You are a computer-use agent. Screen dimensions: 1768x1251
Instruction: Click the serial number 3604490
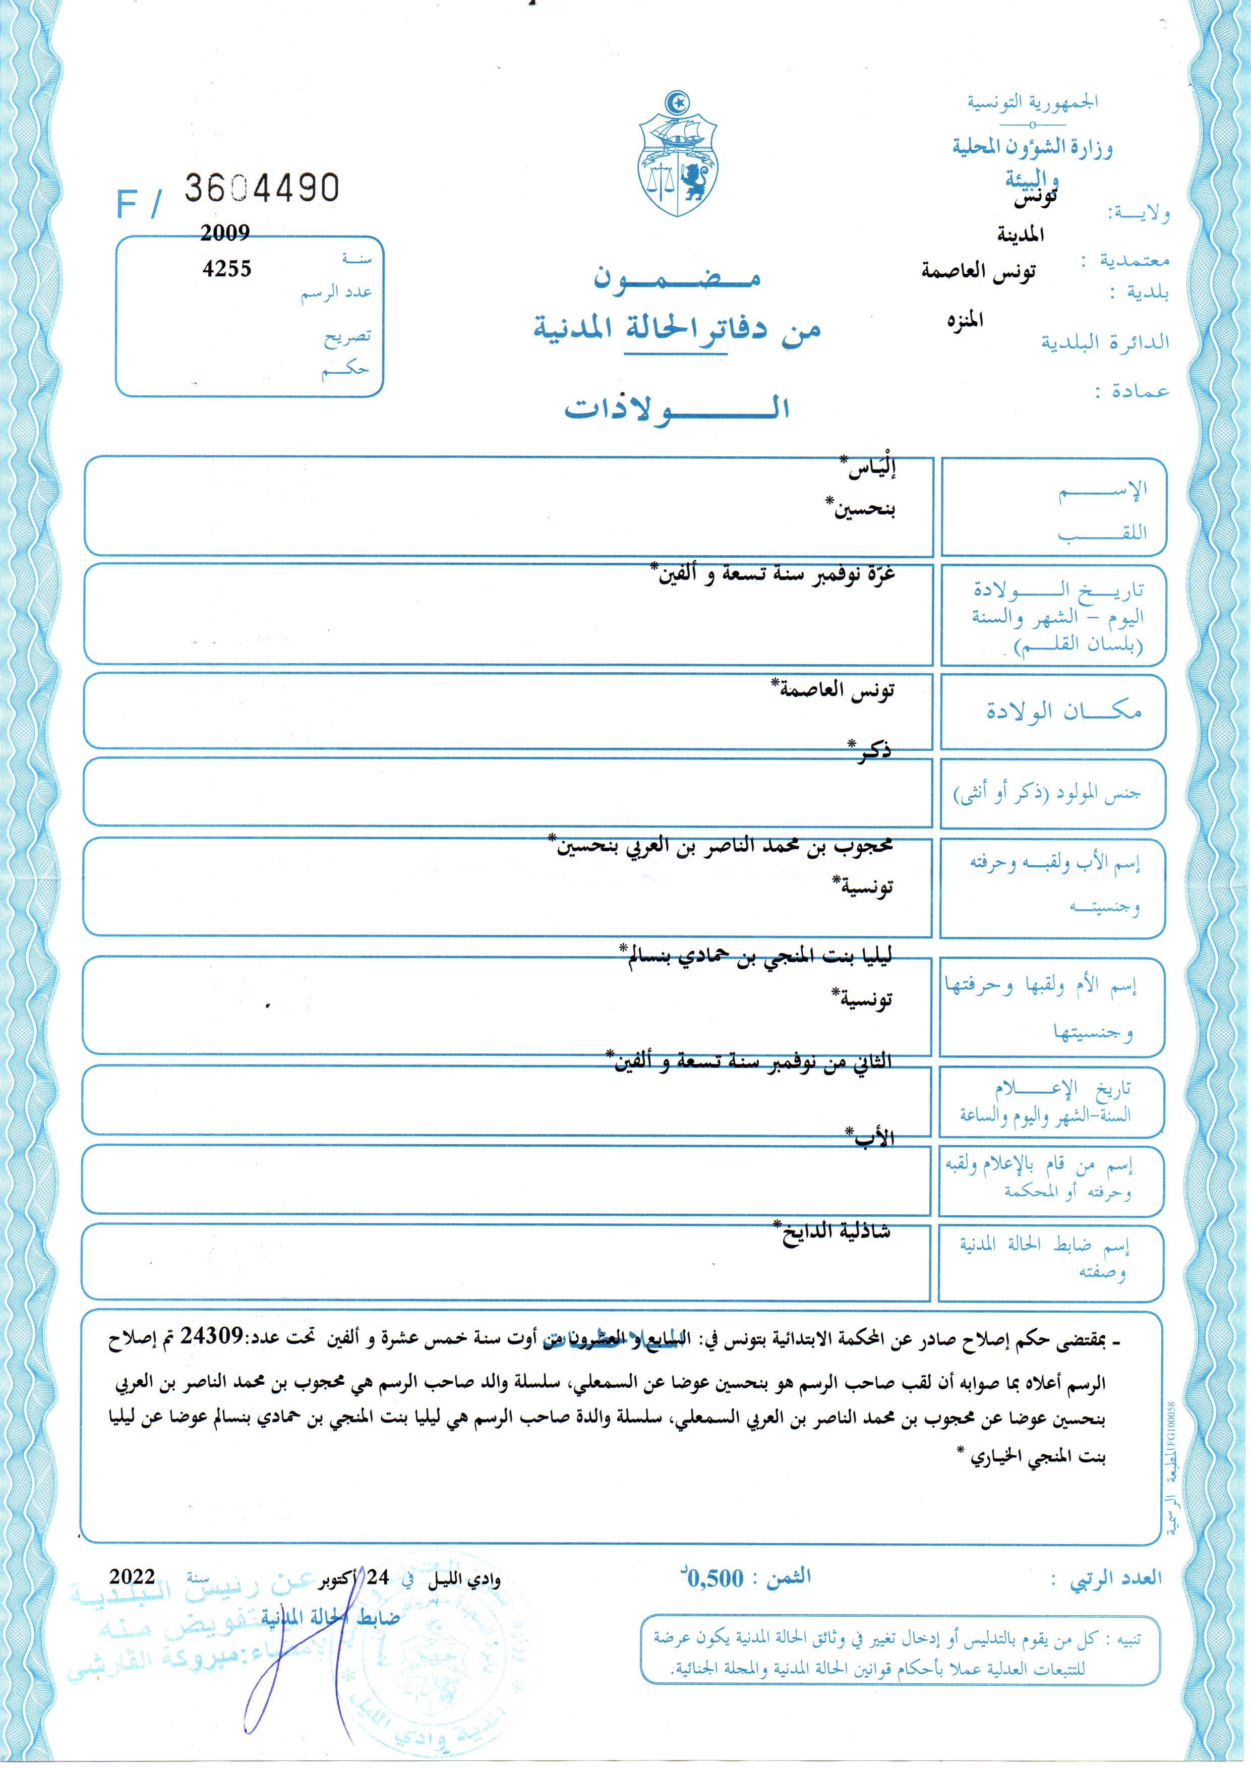coord(261,188)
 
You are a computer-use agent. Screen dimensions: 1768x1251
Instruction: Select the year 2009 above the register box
coord(225,232)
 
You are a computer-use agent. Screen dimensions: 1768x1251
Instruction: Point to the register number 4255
coord(226,268)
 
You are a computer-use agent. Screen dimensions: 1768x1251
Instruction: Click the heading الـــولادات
coord(677,407)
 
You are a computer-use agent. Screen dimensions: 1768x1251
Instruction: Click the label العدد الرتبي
coord(1115,1578)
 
